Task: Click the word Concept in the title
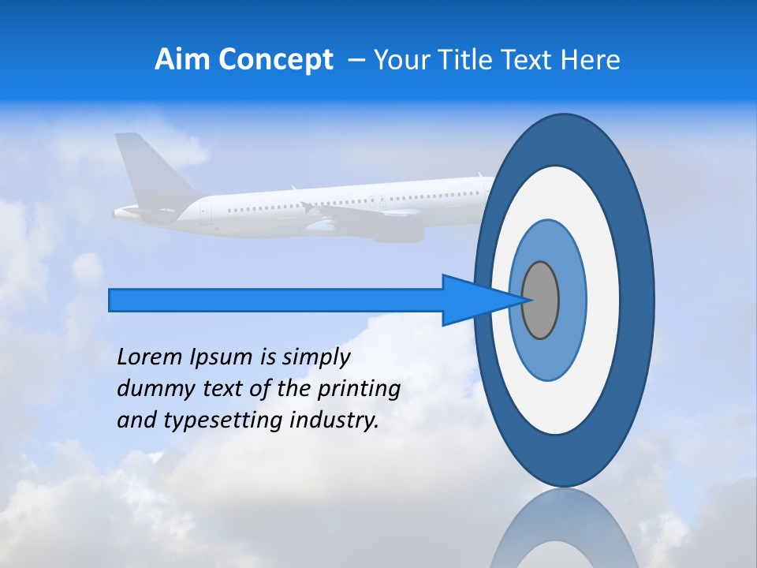(274, 60)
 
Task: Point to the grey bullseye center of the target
(540, 300)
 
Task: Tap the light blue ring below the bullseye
(548, 363)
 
